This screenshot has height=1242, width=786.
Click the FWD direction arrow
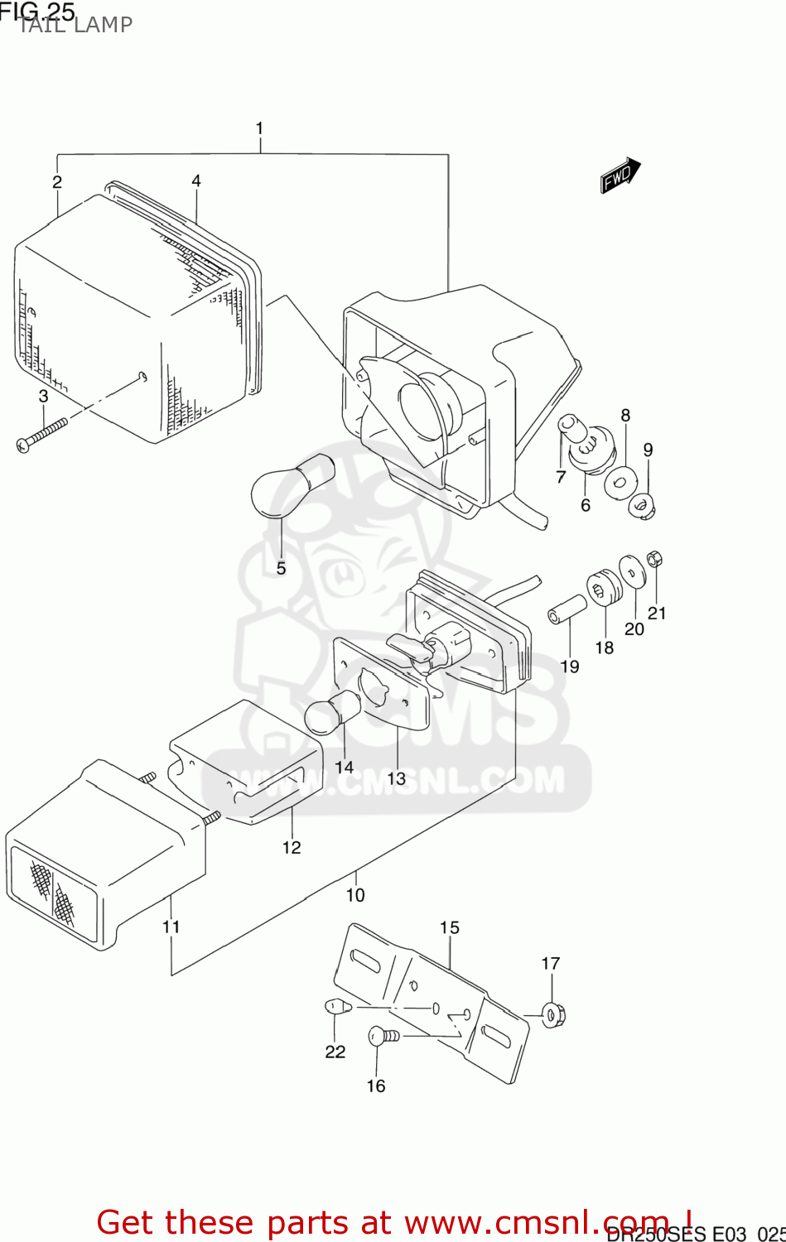(x=620, y=176)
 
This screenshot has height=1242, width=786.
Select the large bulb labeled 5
(x=291, y=484)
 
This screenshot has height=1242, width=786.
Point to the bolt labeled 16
(x=382, y=1035)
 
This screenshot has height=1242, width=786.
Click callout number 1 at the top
(x=259, y=128)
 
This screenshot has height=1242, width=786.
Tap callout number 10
(x=354, y=895)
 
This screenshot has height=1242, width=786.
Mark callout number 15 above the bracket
(x=449, y=927)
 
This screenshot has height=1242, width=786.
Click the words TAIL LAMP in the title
(x=75, y=25)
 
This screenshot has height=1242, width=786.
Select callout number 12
(x=292, y=847)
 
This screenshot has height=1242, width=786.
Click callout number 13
(x=397, y=778)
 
